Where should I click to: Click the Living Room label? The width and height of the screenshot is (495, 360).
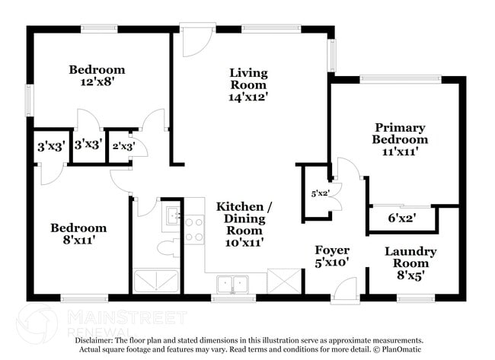pos(249,79)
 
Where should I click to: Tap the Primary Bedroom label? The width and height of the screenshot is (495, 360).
pos(399,133)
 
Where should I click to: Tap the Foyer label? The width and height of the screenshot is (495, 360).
pos(332,250)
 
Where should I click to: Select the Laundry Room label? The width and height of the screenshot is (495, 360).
pos(410,257)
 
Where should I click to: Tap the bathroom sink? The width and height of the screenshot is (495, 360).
pos(172,217)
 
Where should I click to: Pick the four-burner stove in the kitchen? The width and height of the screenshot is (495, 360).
pos(193,229)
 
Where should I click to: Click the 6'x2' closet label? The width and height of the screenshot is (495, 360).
pos(402,218)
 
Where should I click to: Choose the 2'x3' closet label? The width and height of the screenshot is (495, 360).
pos(123,146)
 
